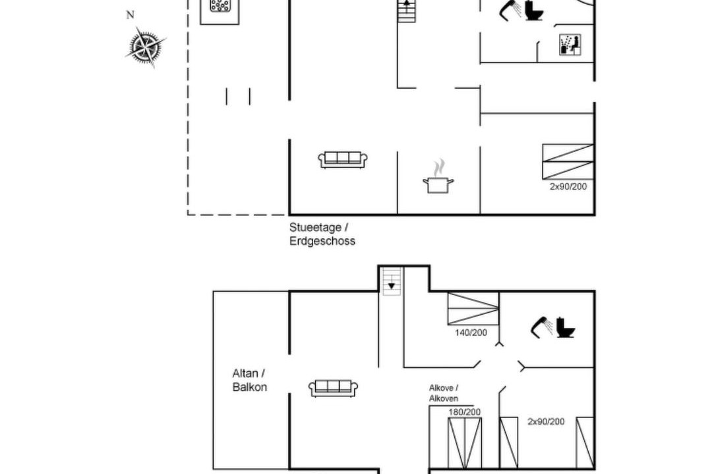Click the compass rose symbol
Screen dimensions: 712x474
[145, 46]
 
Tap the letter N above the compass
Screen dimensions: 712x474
[131, 15]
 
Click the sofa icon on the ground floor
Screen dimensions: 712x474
[343, 160]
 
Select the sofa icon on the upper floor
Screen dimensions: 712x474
[334, 388]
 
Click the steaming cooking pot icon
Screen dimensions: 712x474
[438, 177]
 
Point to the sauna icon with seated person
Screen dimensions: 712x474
[570, 45]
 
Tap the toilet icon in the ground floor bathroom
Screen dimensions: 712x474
[535, 10]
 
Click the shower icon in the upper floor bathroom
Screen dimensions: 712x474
[542, 327]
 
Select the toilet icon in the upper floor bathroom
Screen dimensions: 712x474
[566, 327]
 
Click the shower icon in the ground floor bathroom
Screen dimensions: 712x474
[511, 10]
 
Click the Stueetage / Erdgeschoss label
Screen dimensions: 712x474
[322, 234]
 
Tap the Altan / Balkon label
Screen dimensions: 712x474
[249, 380]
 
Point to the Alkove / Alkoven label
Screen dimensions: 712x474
[444, 393]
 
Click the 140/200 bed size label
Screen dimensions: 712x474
[471, 332]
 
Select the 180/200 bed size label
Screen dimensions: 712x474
[465, 412]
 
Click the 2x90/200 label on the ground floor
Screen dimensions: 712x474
[568, 186]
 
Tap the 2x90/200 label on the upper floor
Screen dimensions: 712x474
[546, 421]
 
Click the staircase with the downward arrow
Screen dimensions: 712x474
[392, 281]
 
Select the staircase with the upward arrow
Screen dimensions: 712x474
[406, 11]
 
